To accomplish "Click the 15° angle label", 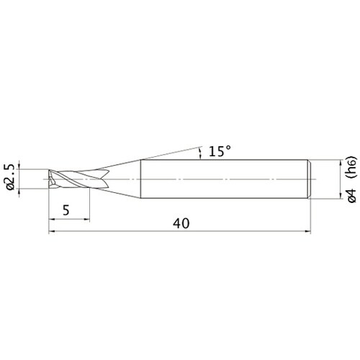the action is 220,151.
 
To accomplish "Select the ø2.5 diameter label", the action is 11,176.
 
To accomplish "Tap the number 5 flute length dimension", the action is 66,210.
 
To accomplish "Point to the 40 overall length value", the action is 181,223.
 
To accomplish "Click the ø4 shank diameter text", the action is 352,196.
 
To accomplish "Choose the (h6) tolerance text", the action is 352,168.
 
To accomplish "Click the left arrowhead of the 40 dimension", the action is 52,232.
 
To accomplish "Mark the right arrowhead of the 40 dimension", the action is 307,232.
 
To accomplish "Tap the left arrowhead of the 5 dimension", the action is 52,219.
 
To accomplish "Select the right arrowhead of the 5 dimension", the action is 86,219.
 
